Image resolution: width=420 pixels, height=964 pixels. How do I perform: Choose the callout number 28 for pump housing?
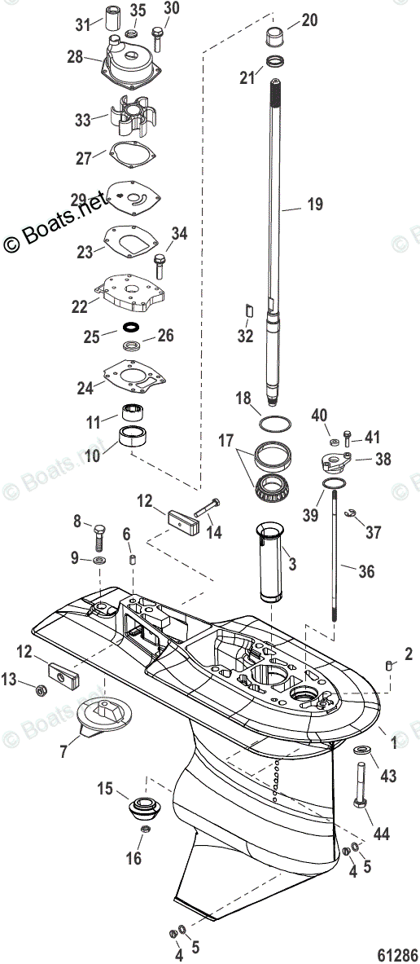click(75, 57)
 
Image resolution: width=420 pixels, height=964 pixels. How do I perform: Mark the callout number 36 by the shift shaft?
click(366, 571)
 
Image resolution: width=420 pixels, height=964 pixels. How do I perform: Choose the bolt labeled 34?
click(160, 265)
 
